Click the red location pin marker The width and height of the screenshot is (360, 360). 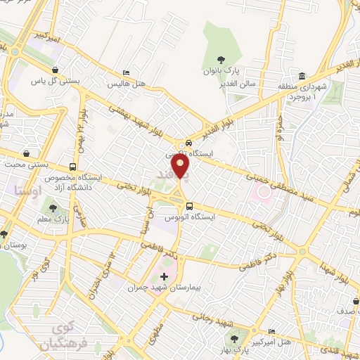coord(181,167)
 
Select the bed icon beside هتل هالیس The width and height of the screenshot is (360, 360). coord(126,73)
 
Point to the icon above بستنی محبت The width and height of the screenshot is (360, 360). coord(27,153)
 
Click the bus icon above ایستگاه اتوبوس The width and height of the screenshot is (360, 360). coord(189,206)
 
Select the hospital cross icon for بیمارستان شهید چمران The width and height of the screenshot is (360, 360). coord(165,276)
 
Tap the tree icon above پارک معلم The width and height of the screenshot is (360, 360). coord(53,209)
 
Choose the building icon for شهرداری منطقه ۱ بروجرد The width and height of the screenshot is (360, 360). coord(302,77)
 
